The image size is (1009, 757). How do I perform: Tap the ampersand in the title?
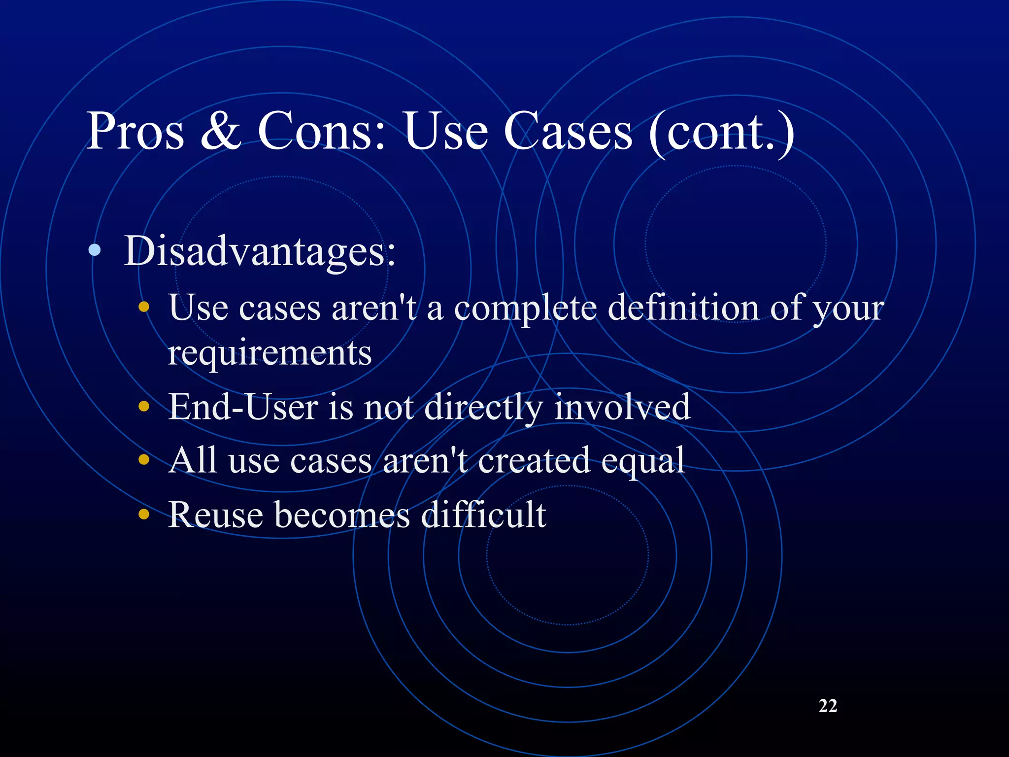tap(221, 131)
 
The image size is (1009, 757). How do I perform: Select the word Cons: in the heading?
tap(322, 131)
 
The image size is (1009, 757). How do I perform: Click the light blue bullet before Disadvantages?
tap(95, 250)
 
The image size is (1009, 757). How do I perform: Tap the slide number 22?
tap(828, 706)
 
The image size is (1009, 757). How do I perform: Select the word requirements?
tap(269, 354)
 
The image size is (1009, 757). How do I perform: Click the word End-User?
tap(243, 407)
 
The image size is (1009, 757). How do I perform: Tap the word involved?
tap(622, 407)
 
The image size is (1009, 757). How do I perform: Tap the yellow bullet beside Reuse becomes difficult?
tap(144, 515)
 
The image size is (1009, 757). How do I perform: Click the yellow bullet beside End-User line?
tap(144, 407)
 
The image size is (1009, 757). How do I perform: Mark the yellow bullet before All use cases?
tap(144, 460)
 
